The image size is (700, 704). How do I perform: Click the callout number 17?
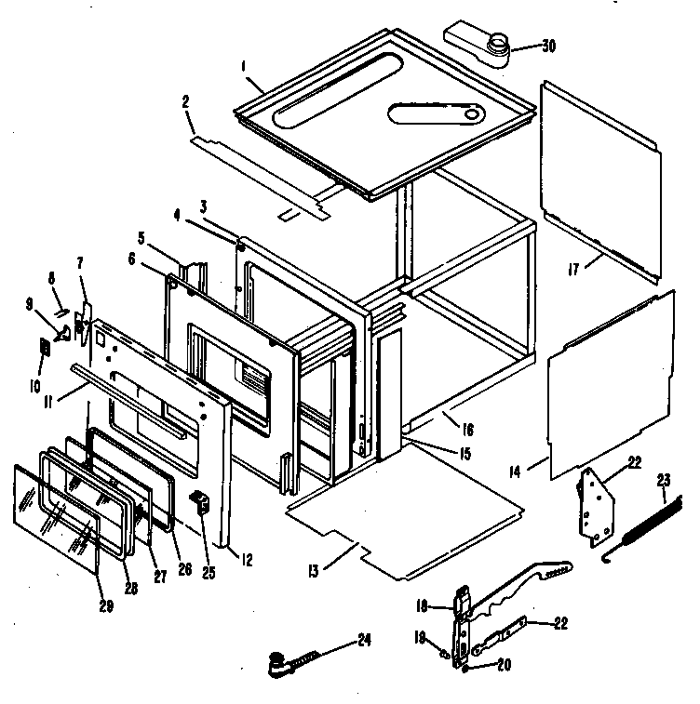tap(574, 269)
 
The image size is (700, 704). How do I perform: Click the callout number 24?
tap(364, 641)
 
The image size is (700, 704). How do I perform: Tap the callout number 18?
tap(421, 605)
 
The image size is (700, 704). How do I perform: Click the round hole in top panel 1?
tap(475, 115)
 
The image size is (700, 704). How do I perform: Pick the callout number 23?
tap(663, 481)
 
